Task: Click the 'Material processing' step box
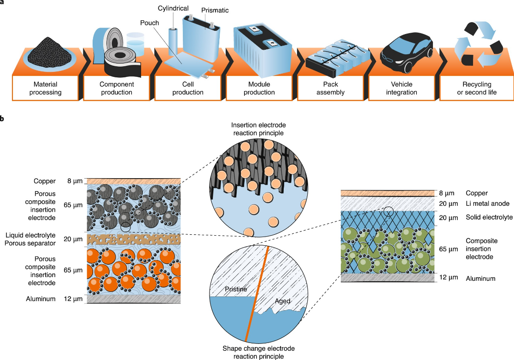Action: tap(47, 88)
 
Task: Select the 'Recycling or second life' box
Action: tap(477, 88)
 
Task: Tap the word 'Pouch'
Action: tap(151, 22)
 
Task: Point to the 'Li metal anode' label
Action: tap(487, 204)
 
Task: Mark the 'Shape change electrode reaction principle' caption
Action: tap(251, 352)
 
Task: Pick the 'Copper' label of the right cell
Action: tap(477, 193)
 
